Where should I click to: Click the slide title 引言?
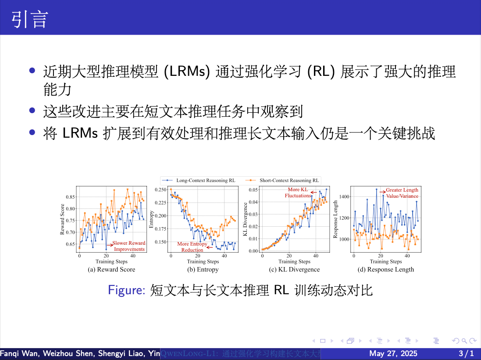coord(29,20)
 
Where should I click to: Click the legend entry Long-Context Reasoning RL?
coord(205,180)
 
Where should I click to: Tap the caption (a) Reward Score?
coord(111,270)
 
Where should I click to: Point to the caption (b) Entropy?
coord(203,270)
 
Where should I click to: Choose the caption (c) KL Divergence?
coord(294,270)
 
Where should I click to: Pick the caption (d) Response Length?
coord(385,270)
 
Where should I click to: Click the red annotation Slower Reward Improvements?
coord(129,246)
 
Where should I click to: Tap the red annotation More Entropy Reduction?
coord(192,247)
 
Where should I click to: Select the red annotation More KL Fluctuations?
coord(298,192)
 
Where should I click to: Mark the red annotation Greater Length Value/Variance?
coord(402,193)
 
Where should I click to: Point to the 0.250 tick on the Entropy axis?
coord(160,189)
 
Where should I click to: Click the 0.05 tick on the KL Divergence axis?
coord(253,189)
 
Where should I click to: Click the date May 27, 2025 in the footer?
coord(393,353)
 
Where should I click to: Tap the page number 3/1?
coord(466,353)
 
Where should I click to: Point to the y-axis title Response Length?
coord(335,219)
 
